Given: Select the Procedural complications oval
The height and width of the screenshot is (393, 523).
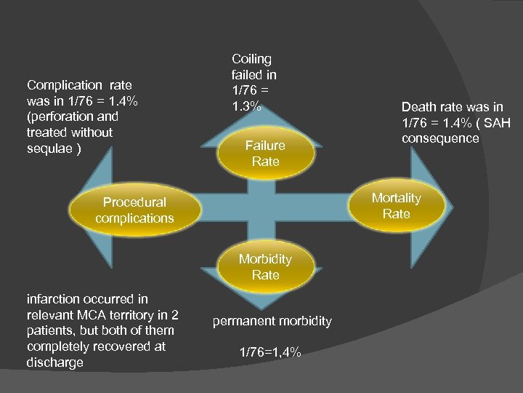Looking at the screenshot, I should pos(134,210).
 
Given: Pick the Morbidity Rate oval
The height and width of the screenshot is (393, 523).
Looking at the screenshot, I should pos(265,266).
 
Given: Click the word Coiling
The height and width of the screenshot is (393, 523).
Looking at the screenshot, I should pos(251,59).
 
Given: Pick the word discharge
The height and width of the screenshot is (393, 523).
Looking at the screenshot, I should pos(54,362).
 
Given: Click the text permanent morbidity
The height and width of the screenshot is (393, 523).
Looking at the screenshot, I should pos(272,321).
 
